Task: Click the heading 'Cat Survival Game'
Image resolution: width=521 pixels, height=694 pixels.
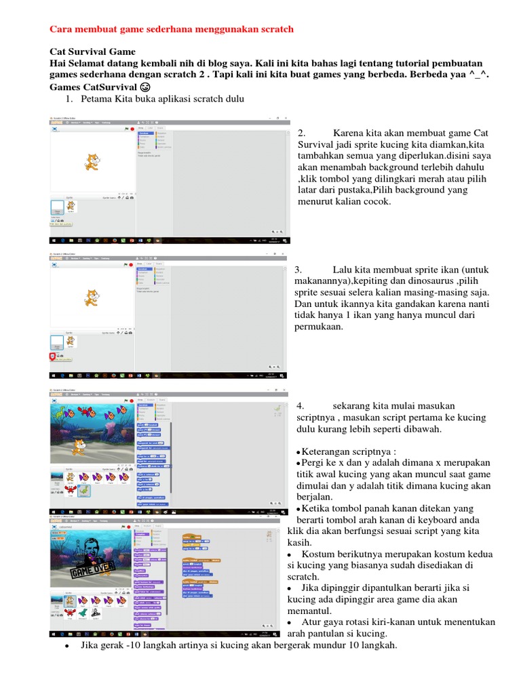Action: click(x=93, y=52)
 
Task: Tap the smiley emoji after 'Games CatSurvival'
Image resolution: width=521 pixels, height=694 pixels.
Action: click(x=145, y=88)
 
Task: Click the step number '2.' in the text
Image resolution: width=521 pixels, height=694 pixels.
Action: click(x=303, y=134)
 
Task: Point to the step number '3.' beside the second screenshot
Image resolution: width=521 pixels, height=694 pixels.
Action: click(x=298, y=269)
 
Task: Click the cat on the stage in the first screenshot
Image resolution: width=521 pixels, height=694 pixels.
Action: click(x=91, y=161)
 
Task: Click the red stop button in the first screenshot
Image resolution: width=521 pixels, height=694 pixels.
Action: click(x=132, y=128)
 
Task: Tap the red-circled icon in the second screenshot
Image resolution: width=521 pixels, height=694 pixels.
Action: click(x=52, y=356)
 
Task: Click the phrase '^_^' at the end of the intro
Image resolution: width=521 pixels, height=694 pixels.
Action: click(x=479, y=76)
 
